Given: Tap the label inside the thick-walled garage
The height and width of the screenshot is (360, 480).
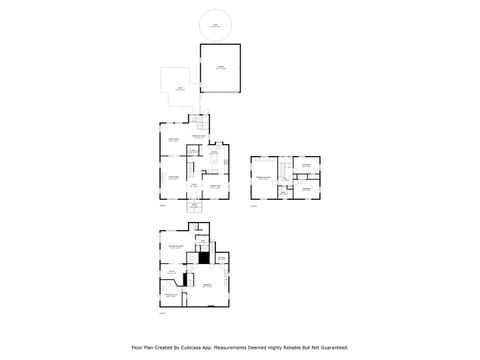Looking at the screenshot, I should pyautogui.click(x=220, y=67).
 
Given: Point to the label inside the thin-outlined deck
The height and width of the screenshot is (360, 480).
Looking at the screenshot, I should pyautogui.click(x=179, y=88).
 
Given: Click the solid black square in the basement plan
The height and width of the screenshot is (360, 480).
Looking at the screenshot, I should pyautogui.click(x=203, y=257).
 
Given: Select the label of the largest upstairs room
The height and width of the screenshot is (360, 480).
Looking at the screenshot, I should pyautogui.click(x=266, y=177).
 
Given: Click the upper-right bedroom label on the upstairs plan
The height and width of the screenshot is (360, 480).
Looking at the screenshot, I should pyautogui.click(x=306, y=165).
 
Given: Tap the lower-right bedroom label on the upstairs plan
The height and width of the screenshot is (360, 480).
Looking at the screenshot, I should pyautogui.click(x=306, y=187).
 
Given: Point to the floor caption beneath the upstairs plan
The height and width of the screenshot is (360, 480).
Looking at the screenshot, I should pyautogui.click(x=253, y=206).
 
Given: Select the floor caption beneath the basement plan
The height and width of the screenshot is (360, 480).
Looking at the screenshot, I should pyautogui.click(x=161, y=312).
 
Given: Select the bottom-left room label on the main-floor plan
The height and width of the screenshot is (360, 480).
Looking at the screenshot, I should pyautogui.click(x=173, y=177).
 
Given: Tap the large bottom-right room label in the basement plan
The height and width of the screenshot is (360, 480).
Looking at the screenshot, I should pyautogui.click(x=208, y=286).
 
